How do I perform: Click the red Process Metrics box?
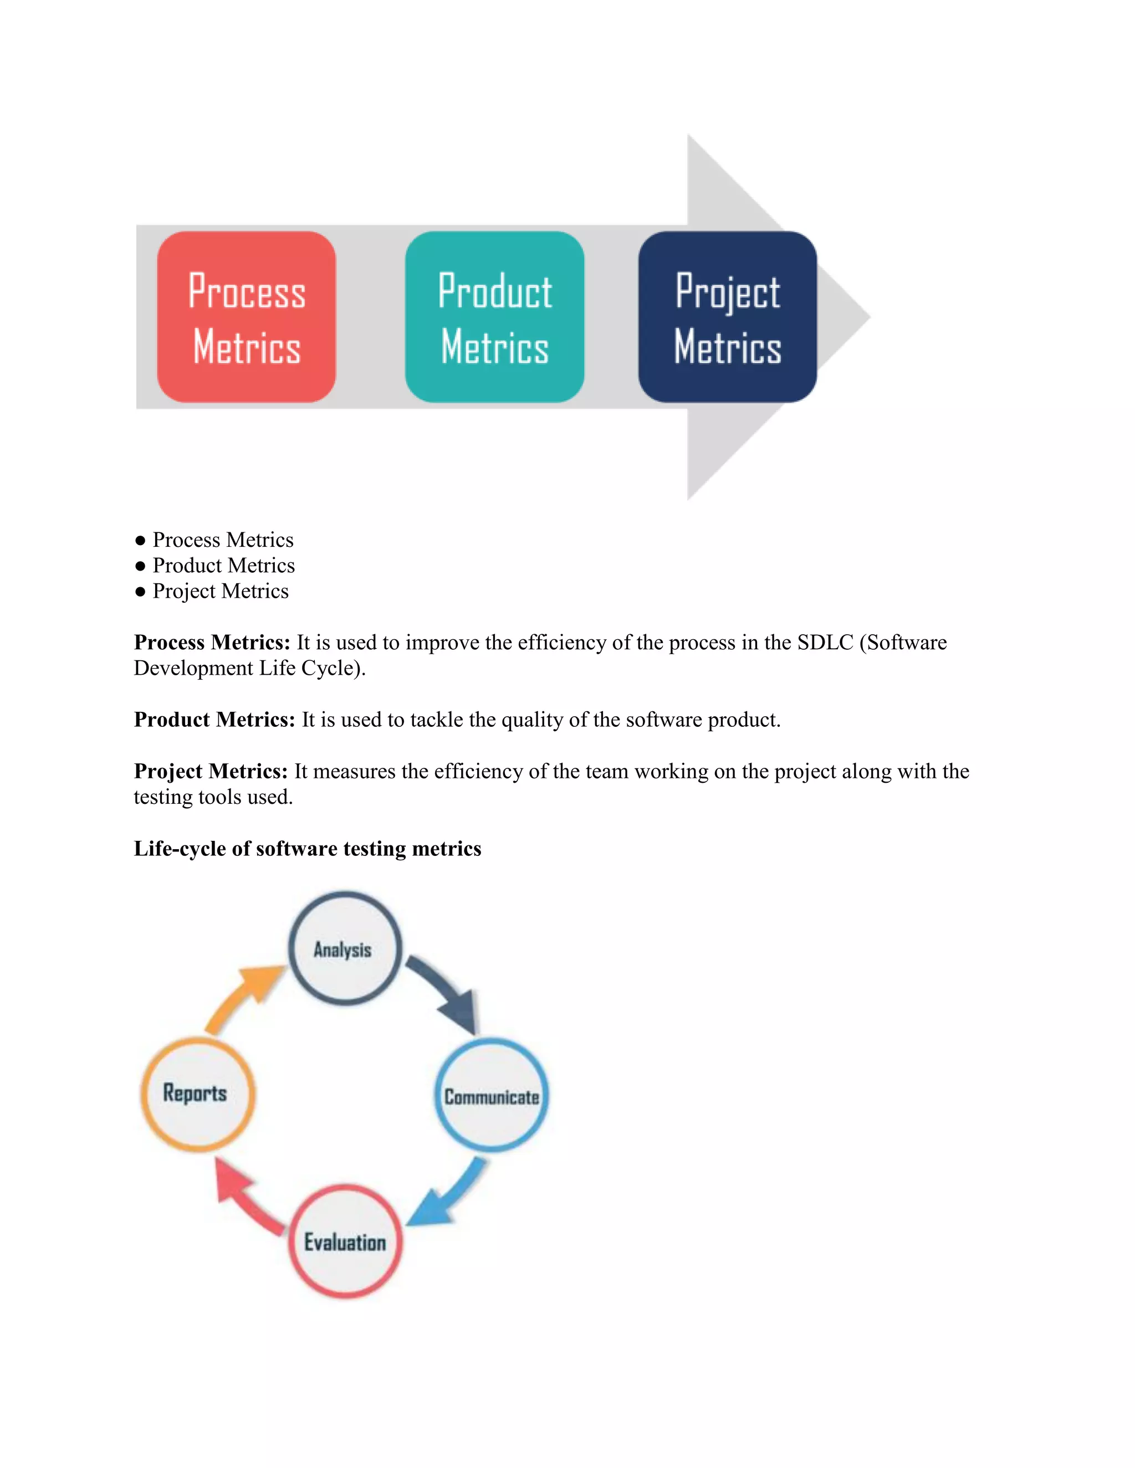pos(246,317)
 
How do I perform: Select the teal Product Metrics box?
pos(494,317)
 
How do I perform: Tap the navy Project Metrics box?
pos(728,317)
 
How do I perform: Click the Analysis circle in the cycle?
pos(345,948)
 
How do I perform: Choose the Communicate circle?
pos(492,1096)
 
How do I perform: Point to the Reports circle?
pos(197,1094)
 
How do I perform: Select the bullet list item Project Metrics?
pos(221,591)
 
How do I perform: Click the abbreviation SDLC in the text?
pos(825,643)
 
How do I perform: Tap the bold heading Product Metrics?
pos(214,720)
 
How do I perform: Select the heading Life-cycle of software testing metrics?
pos(307,848)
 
